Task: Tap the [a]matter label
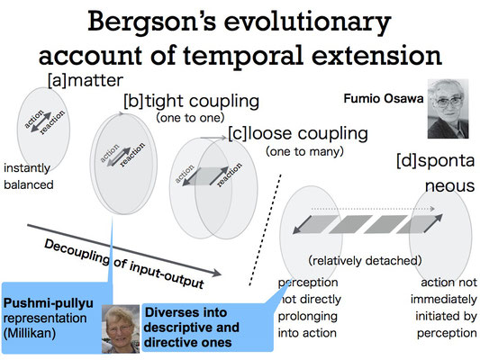click(x=86, y=80)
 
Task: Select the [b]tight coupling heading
click(x=191, y=102)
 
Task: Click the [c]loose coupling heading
click(x=298, y=134)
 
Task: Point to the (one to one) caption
click(x=190, y=118)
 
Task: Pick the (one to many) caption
click(x=304, y=151)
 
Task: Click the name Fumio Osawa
click(x=384, y=98)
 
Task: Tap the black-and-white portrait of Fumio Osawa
click(x=448, y=109)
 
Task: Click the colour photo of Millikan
click(x=121, y=328)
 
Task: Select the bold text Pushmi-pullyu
click(x=49, y=303)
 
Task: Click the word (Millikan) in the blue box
click(x=30, y=333)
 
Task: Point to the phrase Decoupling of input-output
click(x=124, y=264)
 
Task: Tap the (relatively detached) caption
click(x=365, y=261)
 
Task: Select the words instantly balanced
click(x=29, y=176)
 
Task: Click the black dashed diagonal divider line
click(x=266, y=230)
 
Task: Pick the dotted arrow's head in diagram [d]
click(x=432, y=209)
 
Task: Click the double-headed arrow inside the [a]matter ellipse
click(x=41, y=122)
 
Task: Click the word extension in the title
click(x=376, y=56)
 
